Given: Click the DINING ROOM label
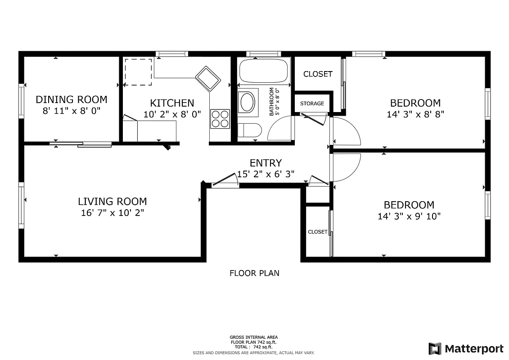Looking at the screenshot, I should point(72,99).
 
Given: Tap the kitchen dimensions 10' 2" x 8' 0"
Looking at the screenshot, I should point(172,114).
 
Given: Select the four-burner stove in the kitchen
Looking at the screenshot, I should point(220,119).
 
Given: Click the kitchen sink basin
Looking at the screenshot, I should point(208,78).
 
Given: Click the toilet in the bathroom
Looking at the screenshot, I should point(249,130).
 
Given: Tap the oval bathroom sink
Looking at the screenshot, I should point(247,102).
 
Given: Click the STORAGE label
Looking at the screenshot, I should point(312,103).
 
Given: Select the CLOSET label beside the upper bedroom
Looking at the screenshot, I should point(318,74).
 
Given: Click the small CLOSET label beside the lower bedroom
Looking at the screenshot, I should point(318,232).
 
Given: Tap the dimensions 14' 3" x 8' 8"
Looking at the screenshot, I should point(415,114).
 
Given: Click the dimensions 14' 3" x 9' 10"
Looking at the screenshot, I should point(409,216).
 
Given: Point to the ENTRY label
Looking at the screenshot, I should point(266,163).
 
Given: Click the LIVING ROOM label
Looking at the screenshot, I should point(112,202).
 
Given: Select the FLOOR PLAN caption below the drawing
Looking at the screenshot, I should point(254,273).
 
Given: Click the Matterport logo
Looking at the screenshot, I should point(466,348).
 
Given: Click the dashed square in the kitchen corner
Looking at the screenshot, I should point(138,72).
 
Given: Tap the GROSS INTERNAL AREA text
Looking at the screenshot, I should point(253,337).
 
